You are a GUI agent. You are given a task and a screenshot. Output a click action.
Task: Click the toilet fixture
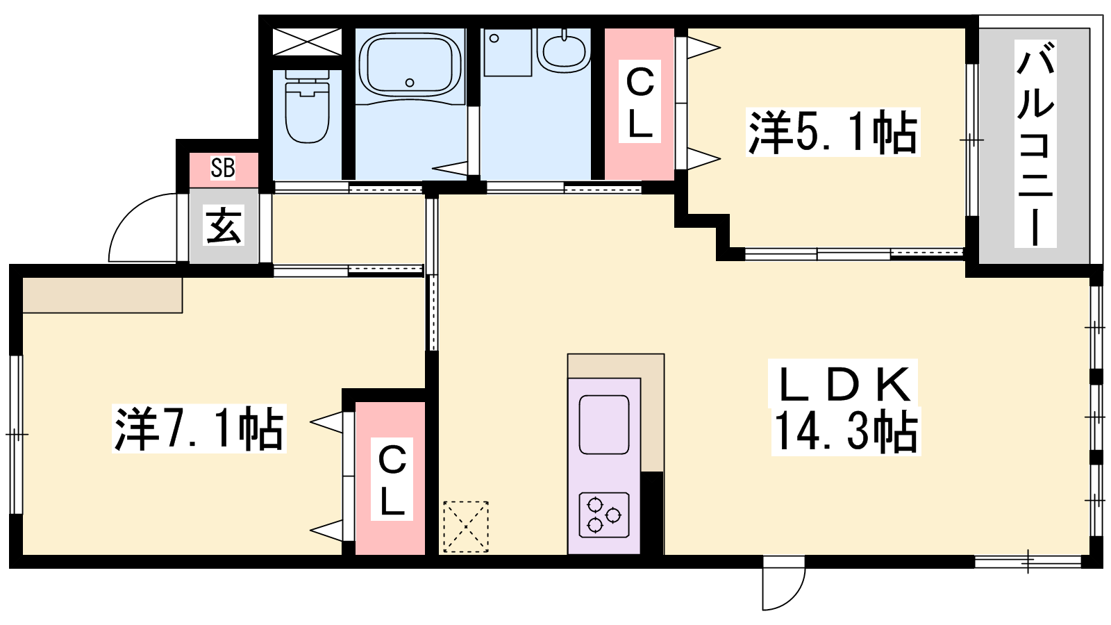308,106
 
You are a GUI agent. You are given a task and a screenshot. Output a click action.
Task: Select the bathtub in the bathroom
410,65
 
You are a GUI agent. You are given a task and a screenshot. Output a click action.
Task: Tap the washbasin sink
564,50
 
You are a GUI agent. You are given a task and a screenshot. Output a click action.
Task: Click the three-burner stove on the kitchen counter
604,515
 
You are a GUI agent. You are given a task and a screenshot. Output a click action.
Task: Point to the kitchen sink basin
604,424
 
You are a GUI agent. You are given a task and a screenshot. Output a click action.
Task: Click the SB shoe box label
223,168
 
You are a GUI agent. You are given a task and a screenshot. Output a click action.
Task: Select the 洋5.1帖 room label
833,133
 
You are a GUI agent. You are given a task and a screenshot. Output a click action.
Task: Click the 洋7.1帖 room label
199,428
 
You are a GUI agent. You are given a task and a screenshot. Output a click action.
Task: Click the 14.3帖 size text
846,431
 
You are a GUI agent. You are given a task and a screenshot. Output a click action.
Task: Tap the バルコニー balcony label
1035,144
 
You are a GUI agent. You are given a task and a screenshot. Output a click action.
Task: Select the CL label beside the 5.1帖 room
640,102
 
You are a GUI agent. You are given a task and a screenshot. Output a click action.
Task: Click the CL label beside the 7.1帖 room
392,480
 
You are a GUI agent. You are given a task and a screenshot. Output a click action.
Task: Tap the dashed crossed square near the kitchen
466,526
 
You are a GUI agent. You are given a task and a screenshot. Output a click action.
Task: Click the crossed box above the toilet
308,42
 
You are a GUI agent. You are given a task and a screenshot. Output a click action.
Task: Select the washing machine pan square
508,52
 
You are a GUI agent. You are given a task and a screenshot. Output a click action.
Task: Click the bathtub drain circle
410,83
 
